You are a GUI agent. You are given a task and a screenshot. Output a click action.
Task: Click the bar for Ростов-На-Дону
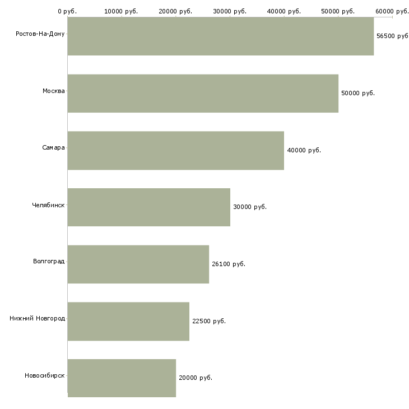pos(221,36)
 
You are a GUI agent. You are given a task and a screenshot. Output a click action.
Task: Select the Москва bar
pos(203,94)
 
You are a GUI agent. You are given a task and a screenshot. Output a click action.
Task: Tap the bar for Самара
pos(176,151)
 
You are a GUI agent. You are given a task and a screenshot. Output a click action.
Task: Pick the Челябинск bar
pos(149,207)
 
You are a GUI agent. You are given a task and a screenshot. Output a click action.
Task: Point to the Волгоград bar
pos(138,264)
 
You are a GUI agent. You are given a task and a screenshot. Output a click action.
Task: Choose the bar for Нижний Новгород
pos(129,322)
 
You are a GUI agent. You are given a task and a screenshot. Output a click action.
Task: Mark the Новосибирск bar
pos(122,378)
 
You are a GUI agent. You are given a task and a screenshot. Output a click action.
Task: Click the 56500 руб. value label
pos(393,36)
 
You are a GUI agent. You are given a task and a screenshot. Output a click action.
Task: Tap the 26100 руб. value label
pos(229,264)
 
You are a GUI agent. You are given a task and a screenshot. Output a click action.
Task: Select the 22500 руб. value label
pos(209,321)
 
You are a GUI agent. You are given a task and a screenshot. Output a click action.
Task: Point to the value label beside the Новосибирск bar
pos(196,378)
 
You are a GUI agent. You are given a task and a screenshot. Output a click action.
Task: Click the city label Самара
pos(53,148)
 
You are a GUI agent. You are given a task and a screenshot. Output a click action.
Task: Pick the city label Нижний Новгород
pos(38,318)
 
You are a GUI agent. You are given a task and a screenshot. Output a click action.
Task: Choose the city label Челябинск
pos(48,205)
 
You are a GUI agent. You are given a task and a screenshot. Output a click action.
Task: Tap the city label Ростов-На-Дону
pos(40,34)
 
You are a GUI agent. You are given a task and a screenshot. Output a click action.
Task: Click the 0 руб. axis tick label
pos(67,11)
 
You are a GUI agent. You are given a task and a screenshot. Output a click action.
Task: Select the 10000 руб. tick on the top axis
pos(121,11)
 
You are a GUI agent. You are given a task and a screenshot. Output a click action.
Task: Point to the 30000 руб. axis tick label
pos(230,11)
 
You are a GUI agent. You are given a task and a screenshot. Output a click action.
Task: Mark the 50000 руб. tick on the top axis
pos(338,11)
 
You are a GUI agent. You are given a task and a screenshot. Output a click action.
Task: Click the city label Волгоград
pos(49,261)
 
